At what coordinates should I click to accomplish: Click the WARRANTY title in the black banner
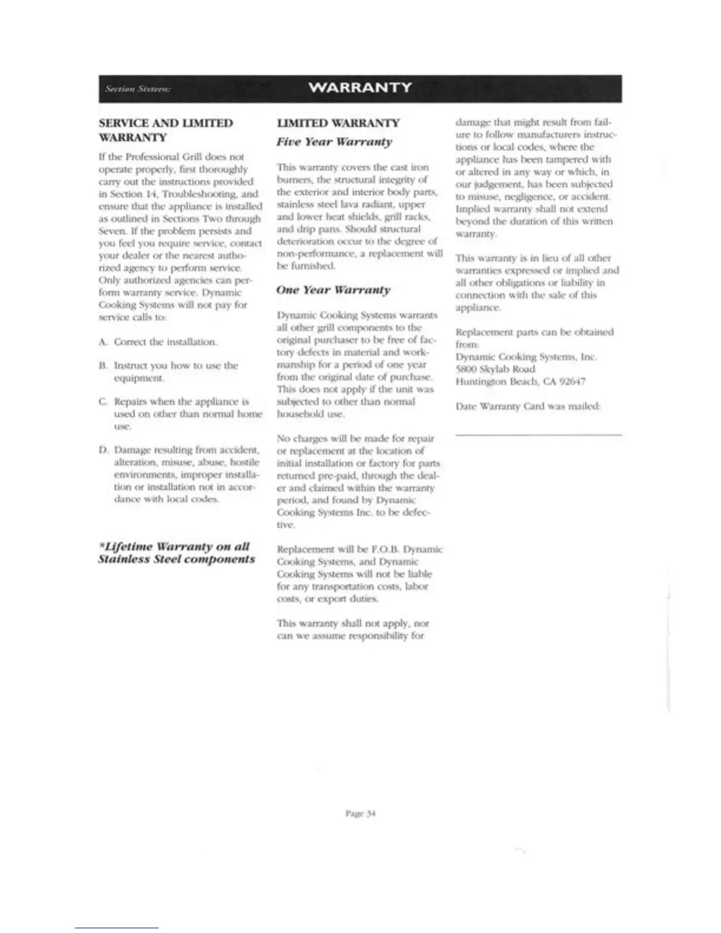click(x=360, y=88)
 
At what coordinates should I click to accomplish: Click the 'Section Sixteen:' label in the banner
click(x=137, y=89)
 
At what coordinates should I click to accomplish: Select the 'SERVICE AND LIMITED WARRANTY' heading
click(x=166, y=130)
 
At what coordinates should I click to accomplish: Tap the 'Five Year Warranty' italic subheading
click(x=334, y=142)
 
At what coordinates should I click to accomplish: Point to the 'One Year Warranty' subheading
click(x=333, y=290)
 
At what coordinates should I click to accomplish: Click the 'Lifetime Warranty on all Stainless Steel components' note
click(x=176, y=553)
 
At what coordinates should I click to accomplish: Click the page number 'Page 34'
click(x=360, y=813)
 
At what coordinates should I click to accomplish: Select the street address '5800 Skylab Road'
click(x=495, y=369)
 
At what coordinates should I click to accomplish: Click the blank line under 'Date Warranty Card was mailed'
click(x=538, y=434)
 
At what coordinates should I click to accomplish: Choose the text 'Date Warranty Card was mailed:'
click(x=528, y=406)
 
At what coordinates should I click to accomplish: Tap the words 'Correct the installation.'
click(x=166, y=342)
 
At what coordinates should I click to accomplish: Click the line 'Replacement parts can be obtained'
click(x=534, y=332)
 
